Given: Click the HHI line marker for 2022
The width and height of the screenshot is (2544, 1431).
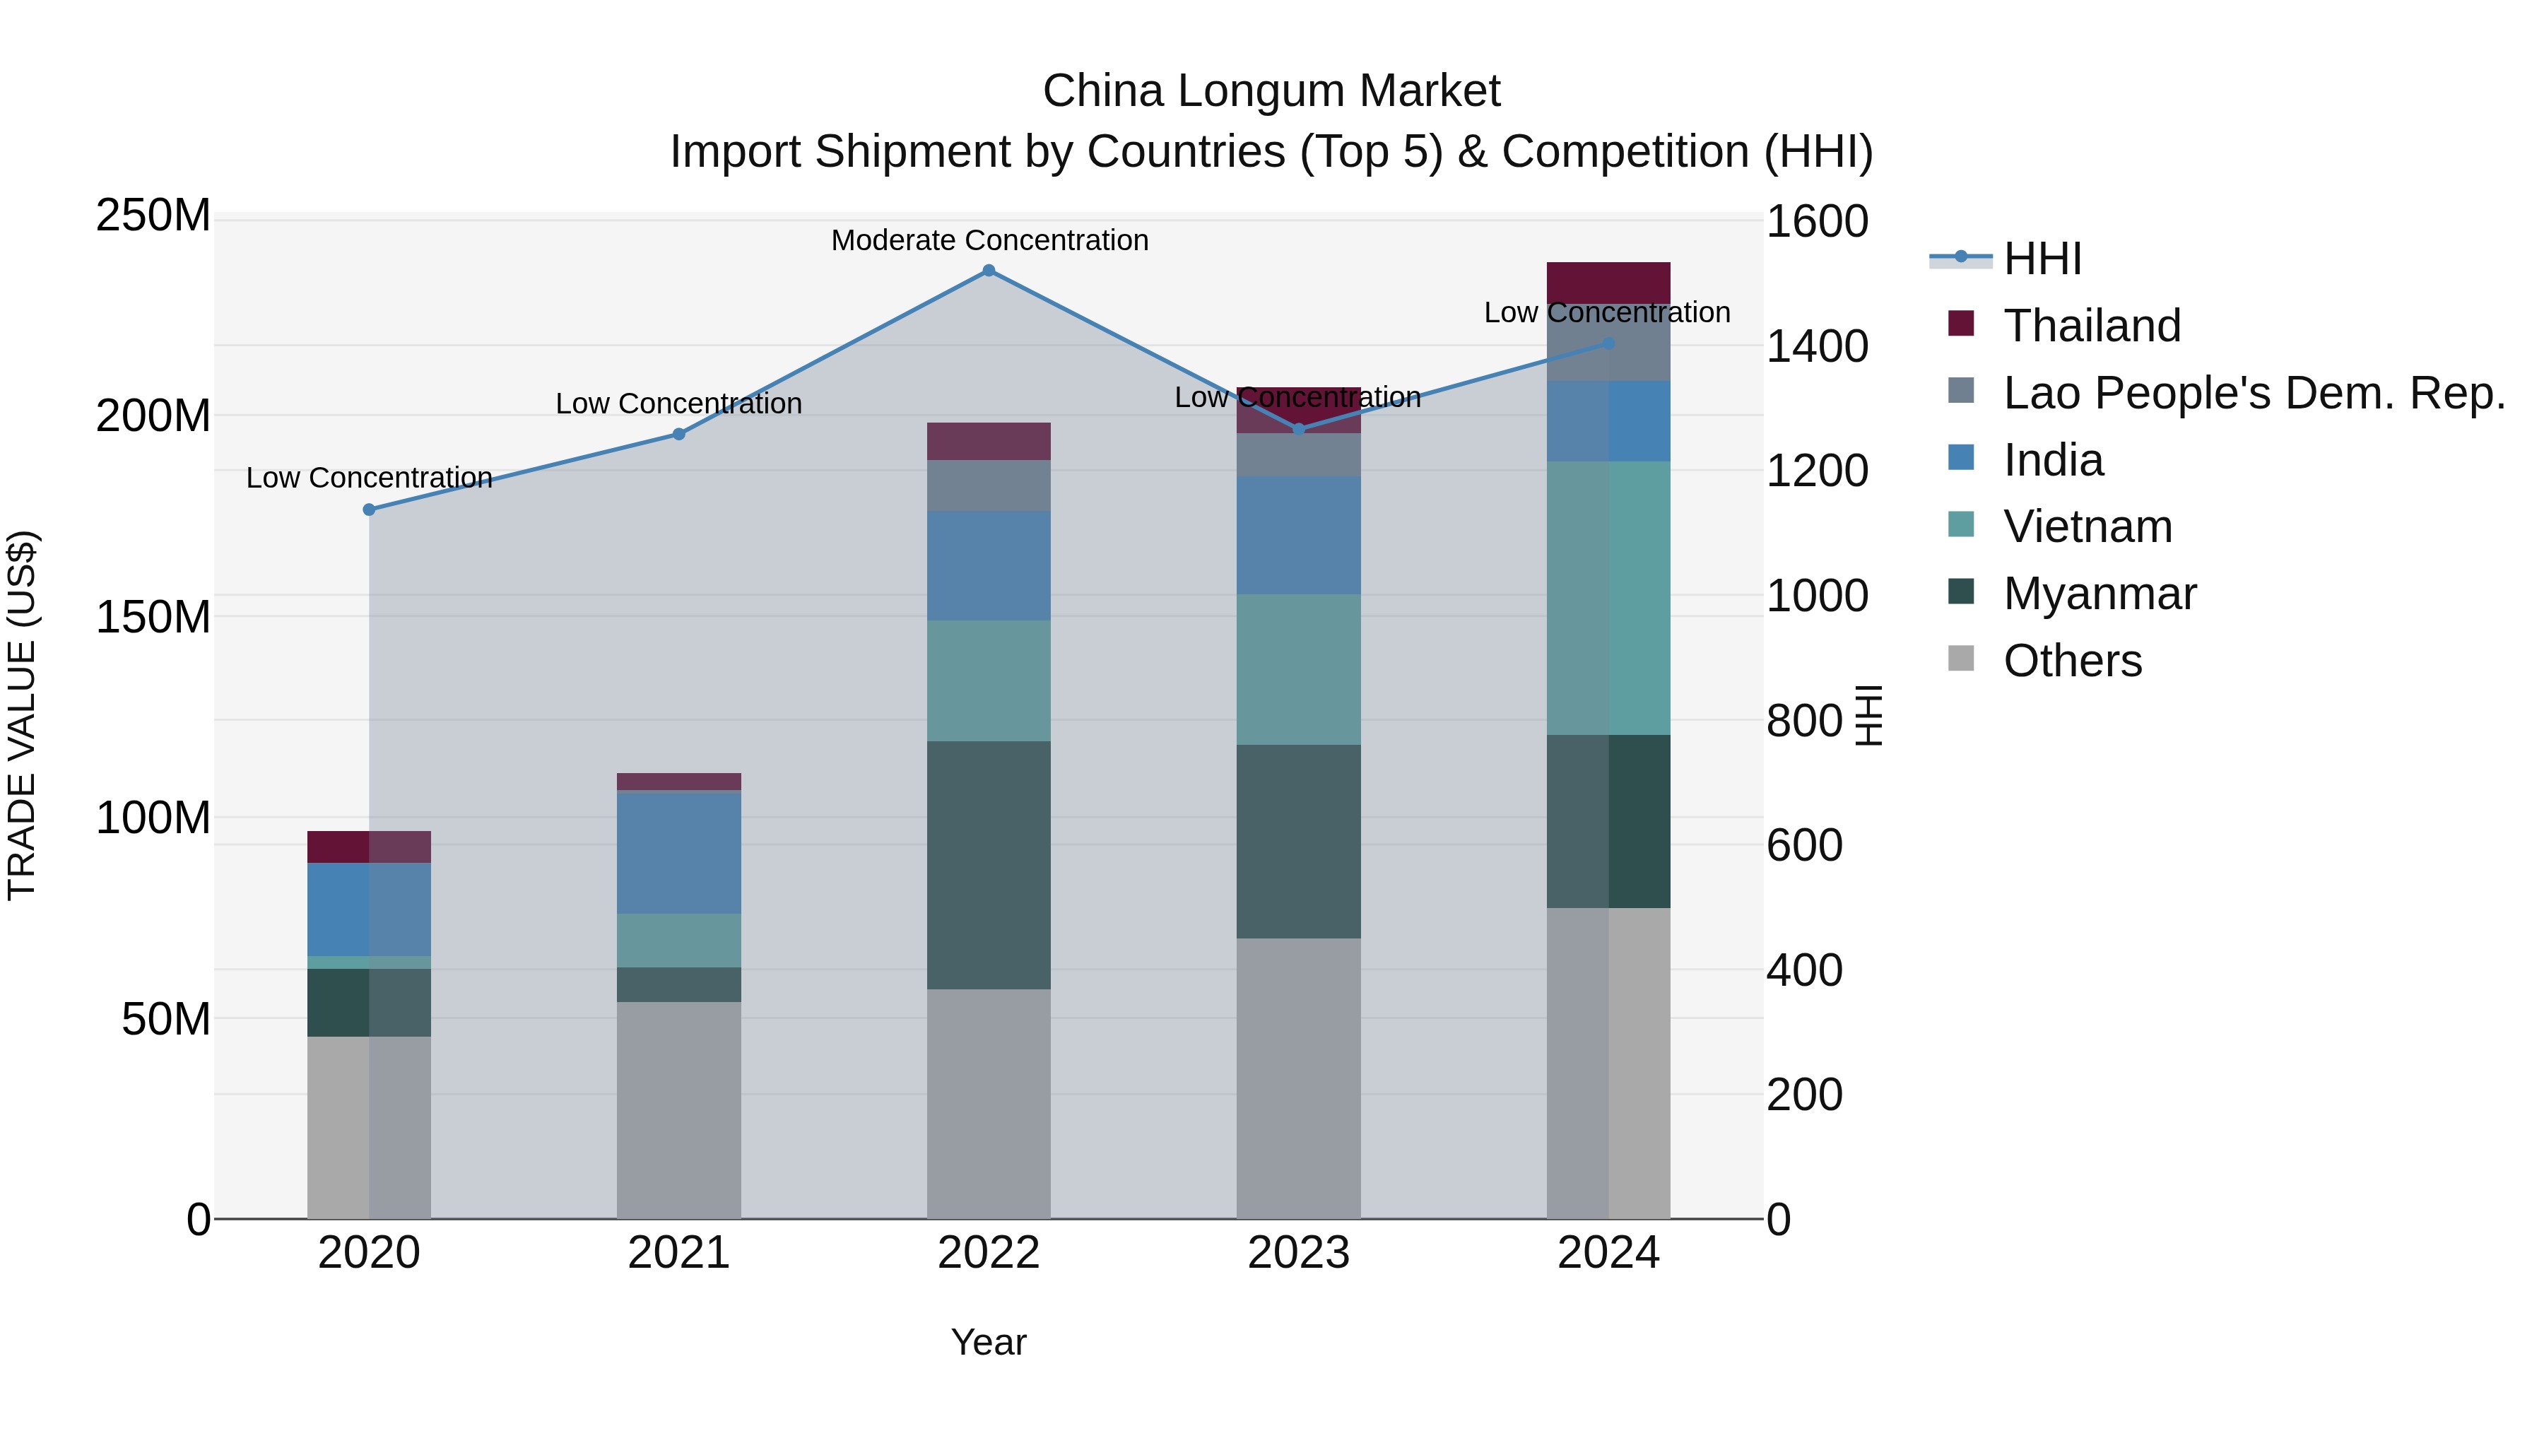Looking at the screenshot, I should click(x=989, y=271).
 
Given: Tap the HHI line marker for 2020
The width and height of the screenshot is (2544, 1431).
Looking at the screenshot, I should click(x=370, y=510).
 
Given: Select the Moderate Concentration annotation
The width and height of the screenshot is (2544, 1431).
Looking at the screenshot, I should click(x=989, y=241).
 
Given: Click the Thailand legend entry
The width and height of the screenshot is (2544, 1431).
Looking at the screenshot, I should click(x=2091, y=326).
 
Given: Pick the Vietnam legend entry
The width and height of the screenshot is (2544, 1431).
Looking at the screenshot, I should click(x=2087, y=526).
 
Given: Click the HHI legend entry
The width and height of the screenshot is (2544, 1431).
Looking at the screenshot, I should click(x=2042, y=259).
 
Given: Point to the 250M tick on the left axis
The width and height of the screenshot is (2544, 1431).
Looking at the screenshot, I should click(x=153, y=216).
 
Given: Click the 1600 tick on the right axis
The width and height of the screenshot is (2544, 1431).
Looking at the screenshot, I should click(x=1816, y=221).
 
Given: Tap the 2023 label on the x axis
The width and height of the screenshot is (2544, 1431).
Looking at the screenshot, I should click(x=1297, y=1253).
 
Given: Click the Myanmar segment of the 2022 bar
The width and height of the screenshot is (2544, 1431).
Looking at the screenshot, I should click(x=989, y=864).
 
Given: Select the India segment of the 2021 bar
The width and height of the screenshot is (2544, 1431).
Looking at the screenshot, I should click(x=678, y=852).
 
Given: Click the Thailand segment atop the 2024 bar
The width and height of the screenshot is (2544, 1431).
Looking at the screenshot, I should click(x=1608, y=283).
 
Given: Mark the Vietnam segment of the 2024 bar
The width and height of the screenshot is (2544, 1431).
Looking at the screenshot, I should click(x=1608, y=597).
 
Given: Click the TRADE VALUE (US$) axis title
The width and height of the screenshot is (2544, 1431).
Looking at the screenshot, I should click(x=22, y=715).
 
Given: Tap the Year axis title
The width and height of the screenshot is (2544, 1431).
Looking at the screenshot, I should click(x=989, y=1342).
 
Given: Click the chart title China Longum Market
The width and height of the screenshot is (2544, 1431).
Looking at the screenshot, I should click(x=1271, y=91).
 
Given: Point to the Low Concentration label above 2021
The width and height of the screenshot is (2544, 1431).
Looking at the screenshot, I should click(x=678, y=404).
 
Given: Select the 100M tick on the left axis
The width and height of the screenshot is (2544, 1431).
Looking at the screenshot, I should click(x=153, y=818).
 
